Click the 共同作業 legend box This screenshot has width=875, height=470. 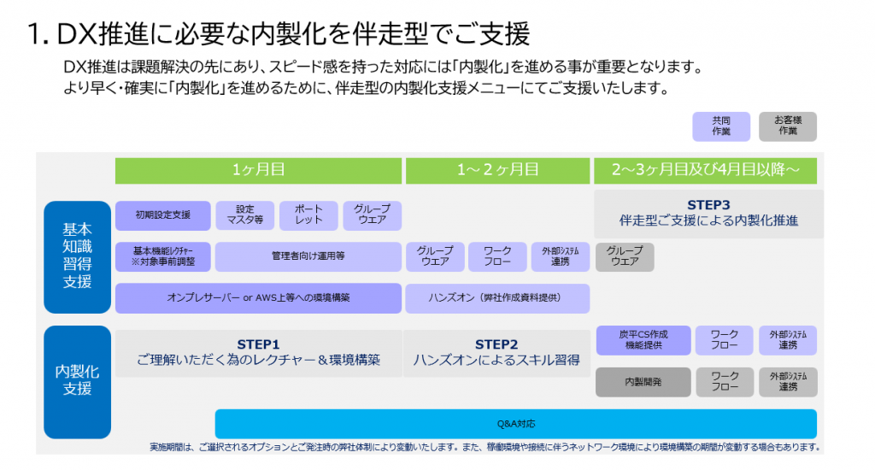(x=720, y=126)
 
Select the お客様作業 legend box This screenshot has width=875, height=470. (x=787, y=126)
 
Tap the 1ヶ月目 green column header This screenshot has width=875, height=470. (x=258, y=170)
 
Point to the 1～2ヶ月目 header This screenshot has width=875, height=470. (x=497, y=170)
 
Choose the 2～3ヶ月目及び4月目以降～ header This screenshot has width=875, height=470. (x=705, y=170)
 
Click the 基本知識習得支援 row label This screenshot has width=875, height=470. (x=78, y=256)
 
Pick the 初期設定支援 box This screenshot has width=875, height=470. (x=162, y=215)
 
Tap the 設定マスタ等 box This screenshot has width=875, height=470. (x=244, y=215)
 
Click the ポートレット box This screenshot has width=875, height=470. (x=308, y=215)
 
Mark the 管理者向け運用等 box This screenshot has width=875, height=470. (x=308, y=256)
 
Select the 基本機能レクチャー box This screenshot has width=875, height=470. (x=162, y=256)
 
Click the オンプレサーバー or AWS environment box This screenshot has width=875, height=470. (x=258, y=297)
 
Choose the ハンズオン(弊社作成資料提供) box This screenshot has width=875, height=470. (x=497, y=297)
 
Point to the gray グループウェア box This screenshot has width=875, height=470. (x=625, y=256)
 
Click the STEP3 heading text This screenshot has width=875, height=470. (x=708, y=205)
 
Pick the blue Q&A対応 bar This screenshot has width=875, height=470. (x=515, y=423)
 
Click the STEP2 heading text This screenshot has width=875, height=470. (x=496, y=344)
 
